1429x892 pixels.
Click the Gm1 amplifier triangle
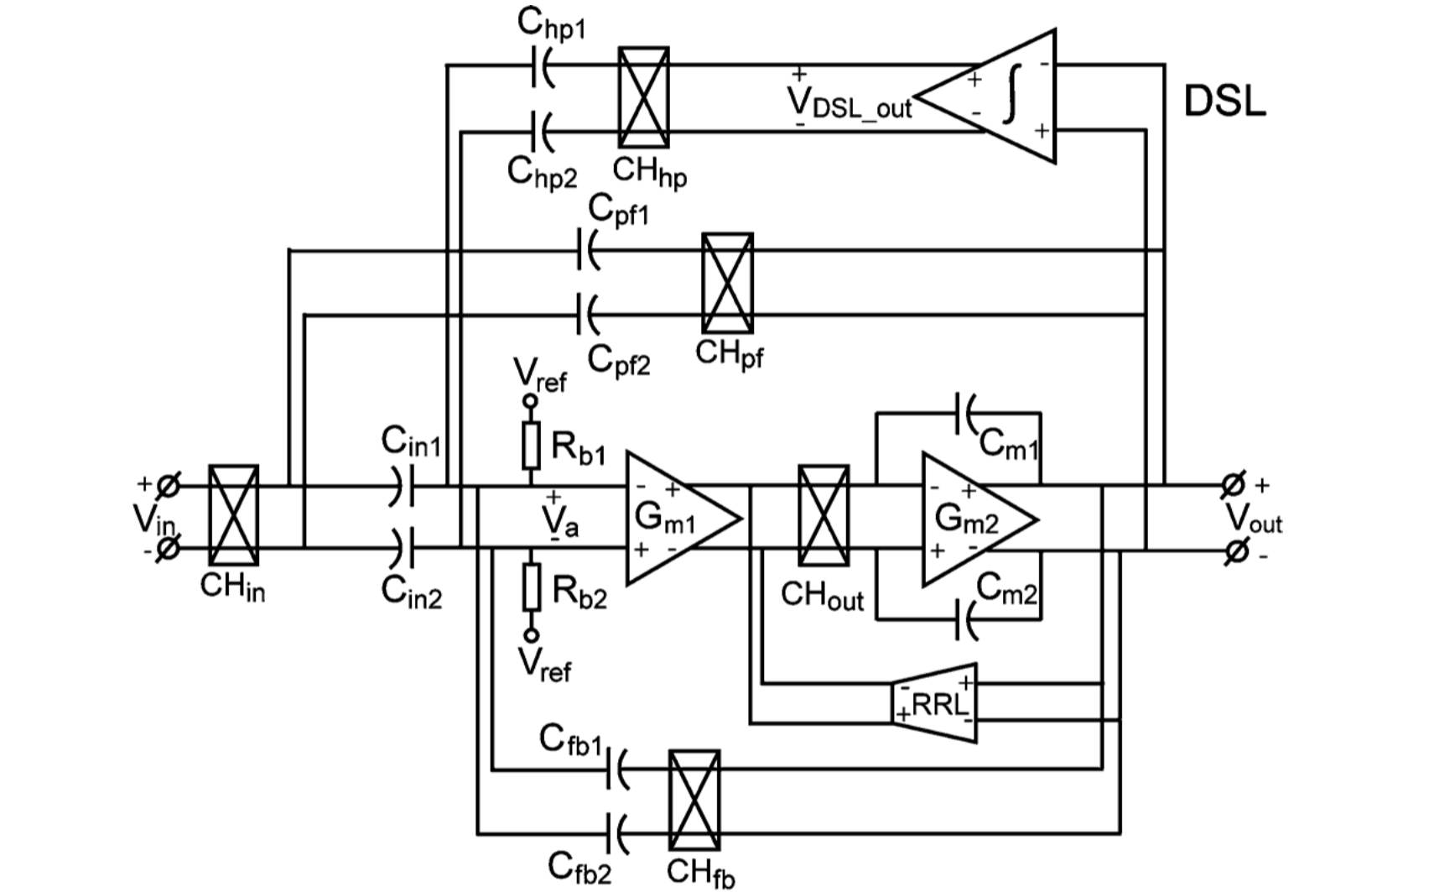(675, 518)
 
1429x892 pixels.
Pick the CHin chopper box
(233, 515)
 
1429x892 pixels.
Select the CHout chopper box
(824, 515)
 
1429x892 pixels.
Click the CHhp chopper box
(643, 97)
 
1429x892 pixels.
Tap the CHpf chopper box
(727, 283)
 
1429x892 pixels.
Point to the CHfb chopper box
(694, 801)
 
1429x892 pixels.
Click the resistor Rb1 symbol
(531, 446)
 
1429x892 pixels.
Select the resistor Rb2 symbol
(531, 587)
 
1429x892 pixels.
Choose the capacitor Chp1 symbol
(542, 65)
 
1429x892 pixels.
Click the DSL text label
(1224, 101)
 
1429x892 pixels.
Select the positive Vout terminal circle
(1232, 485)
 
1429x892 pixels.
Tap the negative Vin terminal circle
(168, 549)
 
